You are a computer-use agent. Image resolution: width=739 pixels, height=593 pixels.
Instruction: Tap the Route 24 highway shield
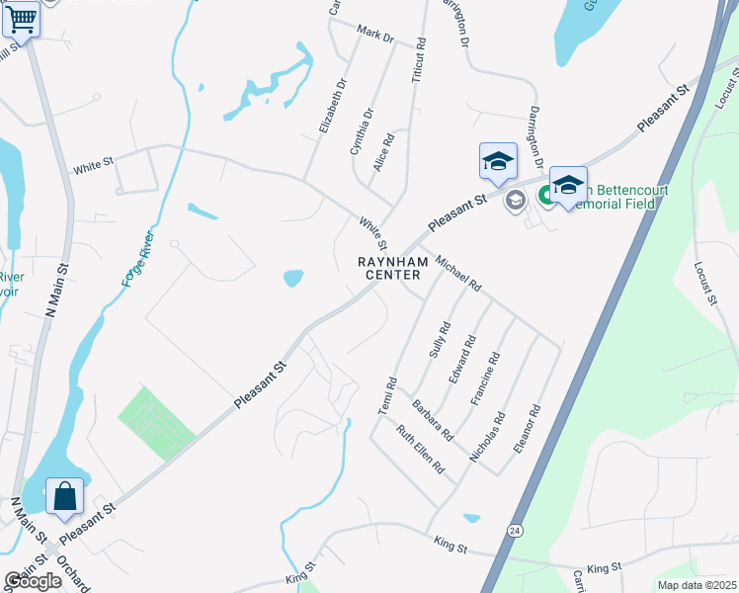click(515, 531)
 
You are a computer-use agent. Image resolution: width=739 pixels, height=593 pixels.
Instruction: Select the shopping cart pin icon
click(21, 20)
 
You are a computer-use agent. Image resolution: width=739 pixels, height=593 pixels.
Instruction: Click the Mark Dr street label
click(375, 37)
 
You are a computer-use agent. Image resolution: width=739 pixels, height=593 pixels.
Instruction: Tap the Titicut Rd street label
click(421, 59)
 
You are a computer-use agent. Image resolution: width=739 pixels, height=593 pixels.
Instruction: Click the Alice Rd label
click(384, 152)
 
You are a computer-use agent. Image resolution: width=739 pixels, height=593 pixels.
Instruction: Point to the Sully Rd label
click(439, 340)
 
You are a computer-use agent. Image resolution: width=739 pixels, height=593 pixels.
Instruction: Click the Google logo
click(33, 581)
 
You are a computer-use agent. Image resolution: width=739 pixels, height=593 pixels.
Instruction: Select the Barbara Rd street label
click(433, 419)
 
